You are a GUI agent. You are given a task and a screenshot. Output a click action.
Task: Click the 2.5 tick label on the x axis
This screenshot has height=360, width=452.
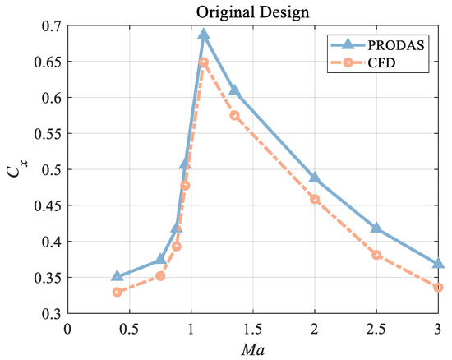tap(376, 327)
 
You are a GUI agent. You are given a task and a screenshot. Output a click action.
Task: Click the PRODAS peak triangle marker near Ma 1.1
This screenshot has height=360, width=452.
tap(204, 35)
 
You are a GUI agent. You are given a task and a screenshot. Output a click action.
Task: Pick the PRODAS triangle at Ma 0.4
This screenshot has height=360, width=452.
tap(118, 276)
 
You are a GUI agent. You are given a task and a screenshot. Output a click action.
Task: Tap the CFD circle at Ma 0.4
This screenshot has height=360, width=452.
tap(118, 292)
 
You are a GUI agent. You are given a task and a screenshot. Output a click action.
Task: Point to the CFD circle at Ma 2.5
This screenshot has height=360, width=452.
tap(376, 255)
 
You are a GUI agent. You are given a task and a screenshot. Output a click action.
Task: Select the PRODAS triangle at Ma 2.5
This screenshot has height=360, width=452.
tap(376, 228)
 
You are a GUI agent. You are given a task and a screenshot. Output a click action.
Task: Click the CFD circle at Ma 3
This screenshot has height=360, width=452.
tap(438, 287)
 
